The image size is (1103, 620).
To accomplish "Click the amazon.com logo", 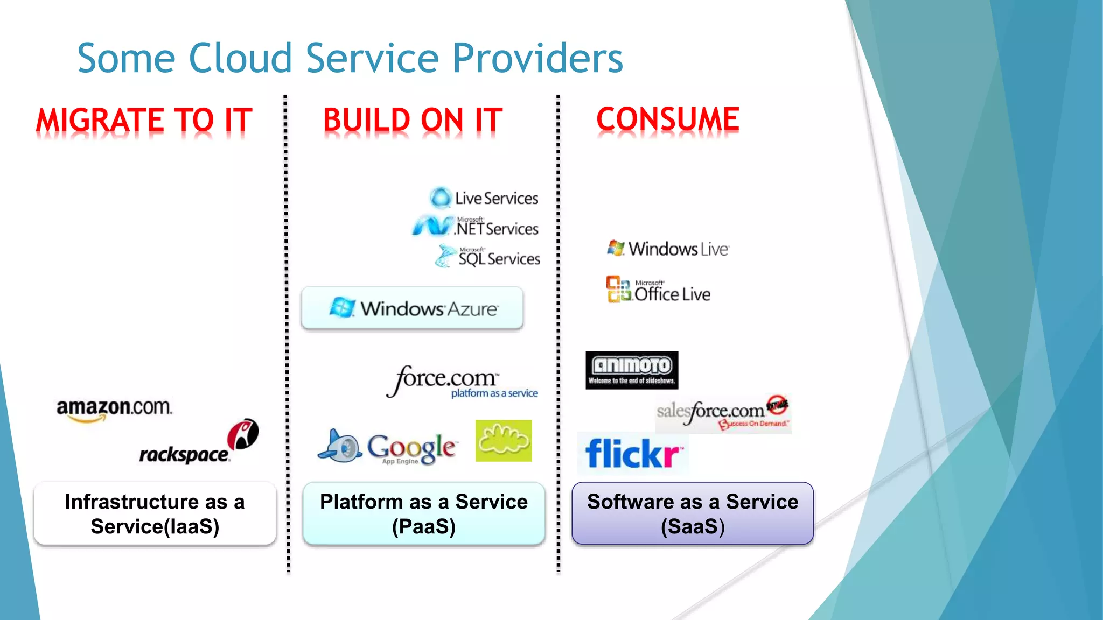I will [114, 410].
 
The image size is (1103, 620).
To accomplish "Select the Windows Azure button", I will [413, 308].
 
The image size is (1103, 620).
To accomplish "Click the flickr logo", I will [633, 453].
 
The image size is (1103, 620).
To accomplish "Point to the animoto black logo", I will [632, 370].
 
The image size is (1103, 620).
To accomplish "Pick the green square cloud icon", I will [504, 441].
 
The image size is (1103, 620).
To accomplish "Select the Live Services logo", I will [484, 198].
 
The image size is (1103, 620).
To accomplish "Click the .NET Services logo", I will [476, 227].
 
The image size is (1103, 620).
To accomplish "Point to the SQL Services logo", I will [488, 257].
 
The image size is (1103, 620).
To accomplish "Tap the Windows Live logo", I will [668, 249].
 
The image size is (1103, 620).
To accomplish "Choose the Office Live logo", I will [658, 290].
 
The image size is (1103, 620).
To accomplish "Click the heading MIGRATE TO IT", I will [144, 119].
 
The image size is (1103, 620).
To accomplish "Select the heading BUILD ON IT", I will [413, 119].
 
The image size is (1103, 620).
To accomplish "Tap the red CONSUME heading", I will [668, 119].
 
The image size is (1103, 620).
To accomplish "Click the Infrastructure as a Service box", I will [155, 513].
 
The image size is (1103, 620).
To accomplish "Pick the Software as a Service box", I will [693, 513].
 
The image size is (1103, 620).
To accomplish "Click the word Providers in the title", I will [537, 58].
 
